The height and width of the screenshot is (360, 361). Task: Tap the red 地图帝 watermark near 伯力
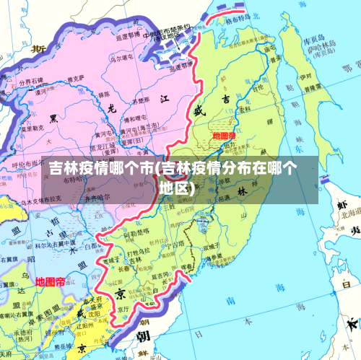coord(224,136)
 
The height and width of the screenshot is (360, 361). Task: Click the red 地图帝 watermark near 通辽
coord(50,281)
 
